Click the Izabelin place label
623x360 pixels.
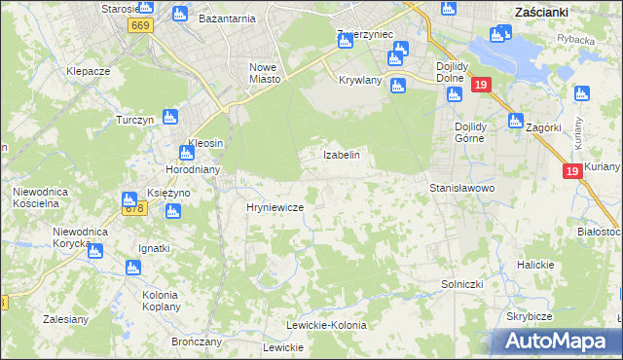click(x=342, y=155)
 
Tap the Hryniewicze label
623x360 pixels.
click(x=275, y=208)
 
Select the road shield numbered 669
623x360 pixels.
click(x=140, y=26)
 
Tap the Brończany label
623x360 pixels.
click(x=197, y=342)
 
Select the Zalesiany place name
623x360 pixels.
click(x=66, y=318)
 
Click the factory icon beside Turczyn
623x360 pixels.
click(x=170, y=118)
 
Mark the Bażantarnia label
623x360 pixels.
click(x=226, y=18)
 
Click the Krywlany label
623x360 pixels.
click(x=360, y=81)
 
